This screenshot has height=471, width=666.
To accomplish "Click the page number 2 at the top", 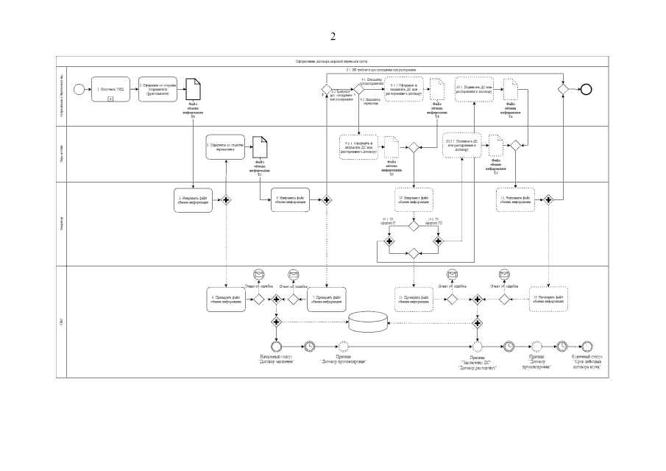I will click(333, 36).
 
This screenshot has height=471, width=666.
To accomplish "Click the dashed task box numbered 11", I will click(414, 300).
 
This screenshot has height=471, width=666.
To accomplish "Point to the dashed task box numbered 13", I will click(550, 300).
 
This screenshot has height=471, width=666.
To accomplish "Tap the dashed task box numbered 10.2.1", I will click(464, 146).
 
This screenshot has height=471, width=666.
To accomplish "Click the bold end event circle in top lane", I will click(586, 89).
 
